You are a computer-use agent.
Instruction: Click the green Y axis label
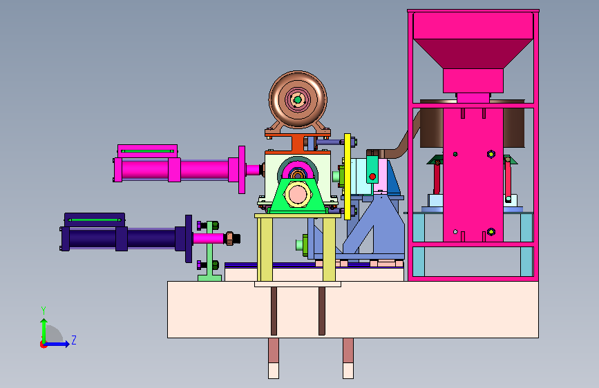tap(44, 310)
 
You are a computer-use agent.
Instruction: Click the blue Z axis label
tap(74, 340)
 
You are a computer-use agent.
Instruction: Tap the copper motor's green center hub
tap(298, 100)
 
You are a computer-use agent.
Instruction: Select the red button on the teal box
tap(372, 177)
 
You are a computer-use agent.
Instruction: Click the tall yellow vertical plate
tap(348, 177)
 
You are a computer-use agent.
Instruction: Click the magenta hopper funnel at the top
tap(473, 53)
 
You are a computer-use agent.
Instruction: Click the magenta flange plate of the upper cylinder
tap(241, 170)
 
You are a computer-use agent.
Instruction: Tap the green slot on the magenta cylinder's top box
tap(147, 151)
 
